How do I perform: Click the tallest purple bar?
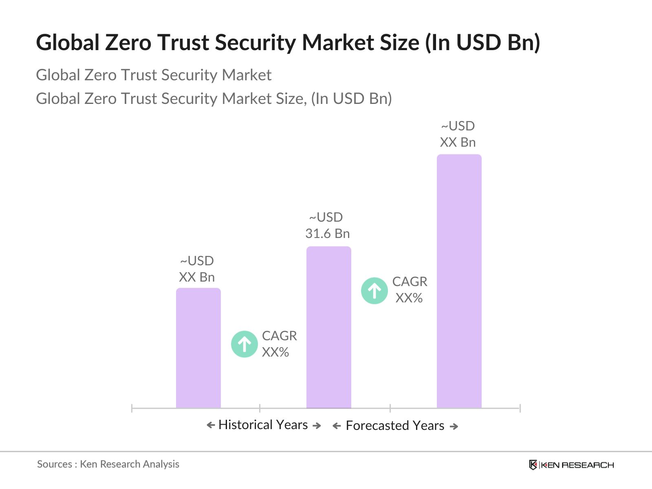tap(459, 281)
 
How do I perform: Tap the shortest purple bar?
tap(198, 348)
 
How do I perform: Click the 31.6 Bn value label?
tap(327, 233)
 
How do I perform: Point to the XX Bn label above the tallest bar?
tap(458, 142)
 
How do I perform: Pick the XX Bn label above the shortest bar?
tap(196, 277)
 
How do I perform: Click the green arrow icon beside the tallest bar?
tap(374, 291)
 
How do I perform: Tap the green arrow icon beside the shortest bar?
tap(244, 344)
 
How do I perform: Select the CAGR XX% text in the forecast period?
tap(409, 290)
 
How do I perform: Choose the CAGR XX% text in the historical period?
tap(279, 344)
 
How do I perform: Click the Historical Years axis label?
tap(263, 425)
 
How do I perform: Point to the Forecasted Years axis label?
tap(394, 425)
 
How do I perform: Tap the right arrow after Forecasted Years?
tap(454, 426)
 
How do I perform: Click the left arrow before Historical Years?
tap(211, 425)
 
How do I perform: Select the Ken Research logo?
tap(571, 465)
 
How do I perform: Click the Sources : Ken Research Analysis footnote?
tap(108, 464)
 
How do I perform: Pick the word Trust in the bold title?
tap(183, 42)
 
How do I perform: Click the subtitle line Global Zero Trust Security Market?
tap(154, 75)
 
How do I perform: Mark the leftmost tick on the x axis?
tap(132, 408)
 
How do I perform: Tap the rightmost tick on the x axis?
tap(520, 408)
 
